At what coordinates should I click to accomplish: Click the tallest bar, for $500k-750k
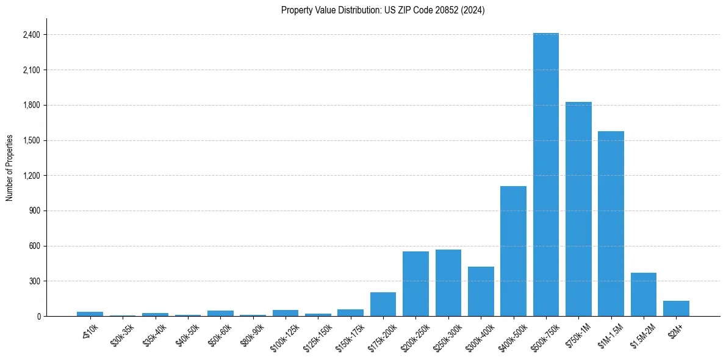coord(545,175)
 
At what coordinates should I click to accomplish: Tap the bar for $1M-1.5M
coord(611,223)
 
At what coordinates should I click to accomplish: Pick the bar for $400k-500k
coord(513,251)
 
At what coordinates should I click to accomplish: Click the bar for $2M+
coord(676,308)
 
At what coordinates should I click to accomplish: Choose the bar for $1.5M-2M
coord(643,294)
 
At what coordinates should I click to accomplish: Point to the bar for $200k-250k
coord(415,284)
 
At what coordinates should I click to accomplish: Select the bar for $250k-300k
coord(448,283)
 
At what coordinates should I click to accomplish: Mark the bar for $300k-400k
coord(481,291)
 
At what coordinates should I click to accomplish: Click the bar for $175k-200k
coord(383,304)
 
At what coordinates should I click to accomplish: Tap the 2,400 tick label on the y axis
coord(31,35)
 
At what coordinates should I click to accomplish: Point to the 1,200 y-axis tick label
coord(31,176)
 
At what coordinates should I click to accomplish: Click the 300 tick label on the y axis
coord(34,281)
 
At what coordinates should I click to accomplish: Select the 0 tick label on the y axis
coord(38,317)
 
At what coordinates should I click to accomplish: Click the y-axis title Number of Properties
coord(10,168)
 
